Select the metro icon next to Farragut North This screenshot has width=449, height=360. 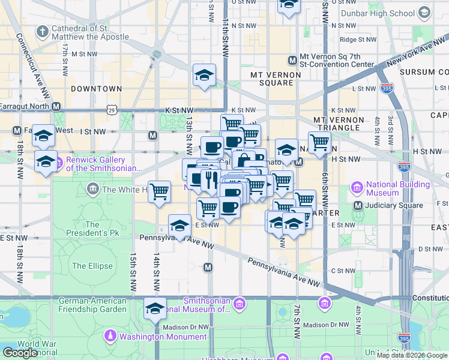coord(56,106)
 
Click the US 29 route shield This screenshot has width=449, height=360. coord(112,110)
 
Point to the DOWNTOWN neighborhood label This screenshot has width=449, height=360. coord(96,89)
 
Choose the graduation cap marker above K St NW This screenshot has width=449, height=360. coord(205,76)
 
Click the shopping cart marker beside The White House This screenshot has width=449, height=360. coord(159,192)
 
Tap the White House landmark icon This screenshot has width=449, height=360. coord(93,190)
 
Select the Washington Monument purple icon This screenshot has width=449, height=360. coord(110,336)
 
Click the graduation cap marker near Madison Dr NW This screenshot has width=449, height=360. coord(155,308)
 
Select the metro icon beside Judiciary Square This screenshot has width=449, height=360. coord(358,206)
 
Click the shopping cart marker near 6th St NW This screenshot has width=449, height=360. coord(319,143)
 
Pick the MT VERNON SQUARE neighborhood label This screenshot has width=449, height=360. coord(275,79)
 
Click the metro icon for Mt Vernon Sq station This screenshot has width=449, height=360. coord(292,60)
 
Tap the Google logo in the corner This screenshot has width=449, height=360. coord(20,352)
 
